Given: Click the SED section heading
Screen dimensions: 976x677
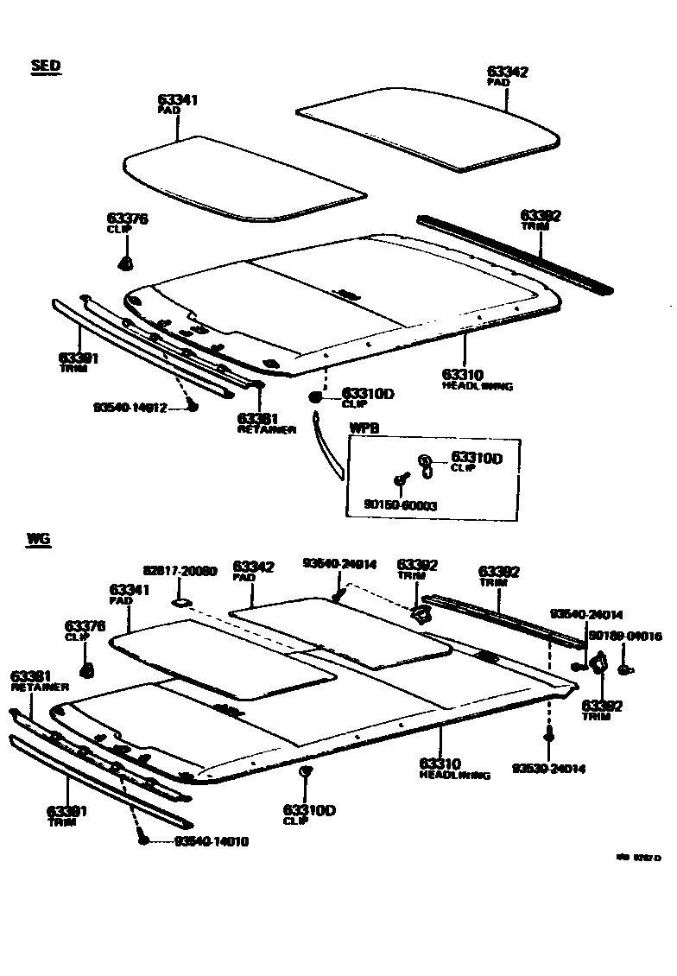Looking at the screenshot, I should click(x=46, y=67).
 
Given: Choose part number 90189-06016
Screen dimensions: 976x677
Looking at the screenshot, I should click(x=624, y=637).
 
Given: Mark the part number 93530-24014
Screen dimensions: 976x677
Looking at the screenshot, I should click(x=548, y=768).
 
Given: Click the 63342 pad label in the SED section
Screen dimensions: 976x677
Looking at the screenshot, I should click(x=507, y=73).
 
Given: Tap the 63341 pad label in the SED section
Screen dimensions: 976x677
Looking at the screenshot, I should click(x=178, y=100).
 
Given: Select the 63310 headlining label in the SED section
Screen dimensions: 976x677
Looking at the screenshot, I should click(x=463, y=374).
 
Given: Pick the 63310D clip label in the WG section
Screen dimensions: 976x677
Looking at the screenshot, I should click(x=308, y=810).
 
